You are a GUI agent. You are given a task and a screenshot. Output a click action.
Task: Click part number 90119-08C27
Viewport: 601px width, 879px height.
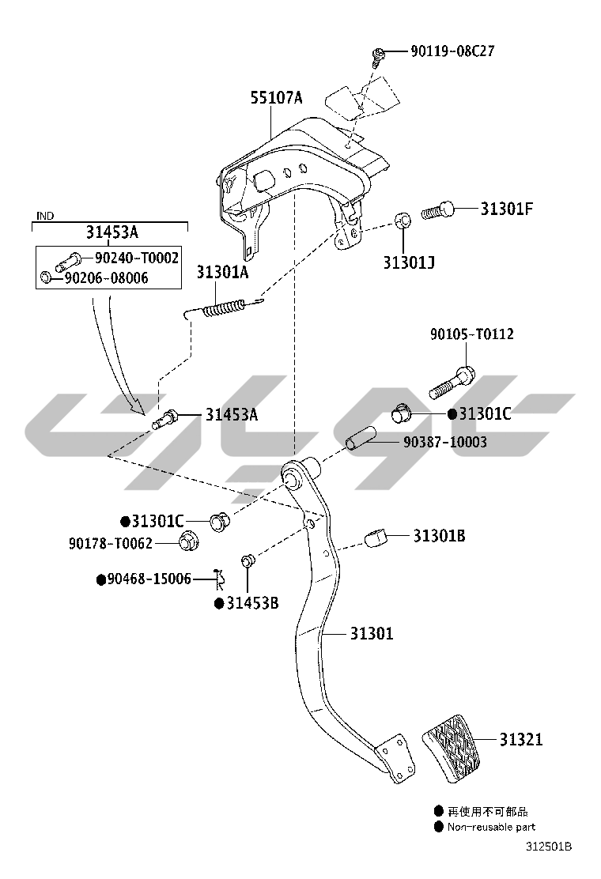(x=452, y=51)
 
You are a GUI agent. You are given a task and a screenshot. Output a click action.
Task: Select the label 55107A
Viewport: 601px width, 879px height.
(x=277, y=98)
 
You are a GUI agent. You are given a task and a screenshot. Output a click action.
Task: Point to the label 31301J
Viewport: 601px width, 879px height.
(x=409, y=262)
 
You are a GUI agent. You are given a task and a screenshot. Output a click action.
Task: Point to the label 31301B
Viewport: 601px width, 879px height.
(x=439, y=536)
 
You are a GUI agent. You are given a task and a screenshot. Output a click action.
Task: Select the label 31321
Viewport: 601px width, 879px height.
(x=520, y=740)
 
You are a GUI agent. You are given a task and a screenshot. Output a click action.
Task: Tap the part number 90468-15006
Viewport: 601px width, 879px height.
(x=149, y=579)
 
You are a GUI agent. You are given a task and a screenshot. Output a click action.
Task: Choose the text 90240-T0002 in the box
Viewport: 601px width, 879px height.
(x=137, y=258)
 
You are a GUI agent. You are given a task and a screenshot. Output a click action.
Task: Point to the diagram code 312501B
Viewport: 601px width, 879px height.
(x=550, y=847)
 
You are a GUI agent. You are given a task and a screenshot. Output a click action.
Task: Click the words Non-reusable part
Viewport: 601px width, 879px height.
(x=491, y=827)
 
